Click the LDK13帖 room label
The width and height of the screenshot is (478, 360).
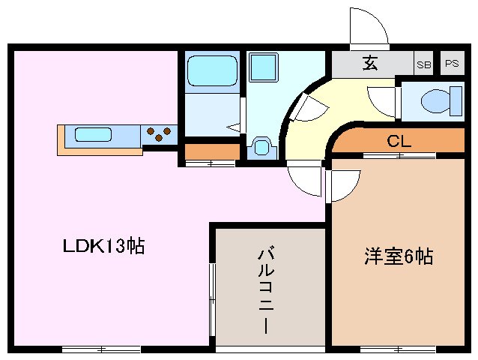pos(103,246)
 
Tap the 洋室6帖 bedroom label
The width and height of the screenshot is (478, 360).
pos(398,256)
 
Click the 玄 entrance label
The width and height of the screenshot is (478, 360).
pos(369,63)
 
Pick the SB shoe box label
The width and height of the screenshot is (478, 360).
pos(424,64)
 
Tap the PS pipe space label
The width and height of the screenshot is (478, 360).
pos(451,64)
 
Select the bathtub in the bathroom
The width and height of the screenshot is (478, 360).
pos(211,72)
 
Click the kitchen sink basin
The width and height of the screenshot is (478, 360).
pos(93,136)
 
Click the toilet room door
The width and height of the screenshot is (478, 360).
pos(383,100)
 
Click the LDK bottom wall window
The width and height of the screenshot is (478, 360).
pos(101,348)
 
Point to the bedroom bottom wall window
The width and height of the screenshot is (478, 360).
pos(397,348)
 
